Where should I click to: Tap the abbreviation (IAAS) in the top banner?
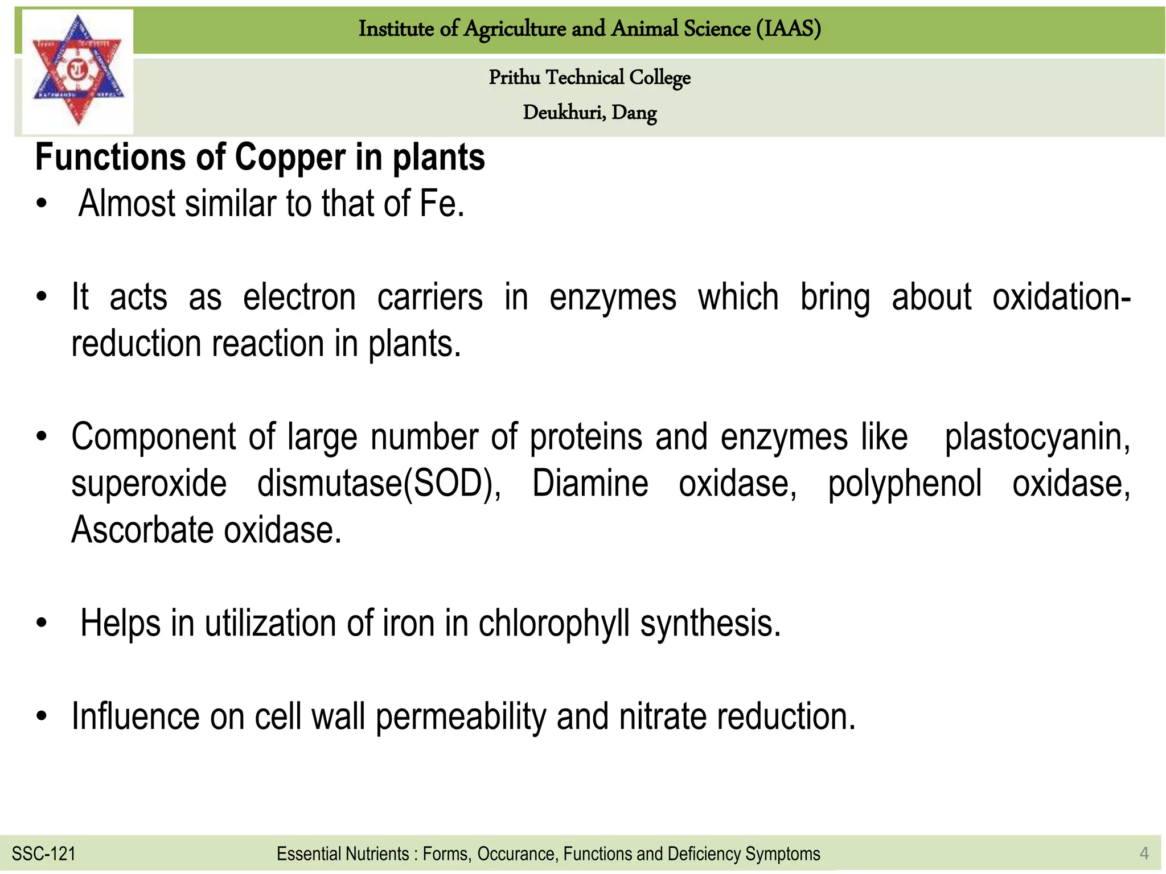pos(789,28)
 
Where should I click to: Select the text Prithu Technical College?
pos(589,77)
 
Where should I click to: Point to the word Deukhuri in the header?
pos(564,113)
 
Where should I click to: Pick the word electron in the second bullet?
pos(299,298)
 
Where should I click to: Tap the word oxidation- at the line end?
pos(1061,298)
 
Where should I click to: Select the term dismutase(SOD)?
pos(379,484)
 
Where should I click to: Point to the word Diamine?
pos(590,484)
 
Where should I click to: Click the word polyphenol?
pos(905,484)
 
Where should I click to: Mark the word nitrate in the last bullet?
pos(662,716)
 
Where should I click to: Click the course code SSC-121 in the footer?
pos(43,854)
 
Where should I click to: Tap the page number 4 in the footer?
pos(1144,854)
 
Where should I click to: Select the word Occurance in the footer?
pos(518,854)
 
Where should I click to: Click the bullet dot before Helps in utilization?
pos(41,624)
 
